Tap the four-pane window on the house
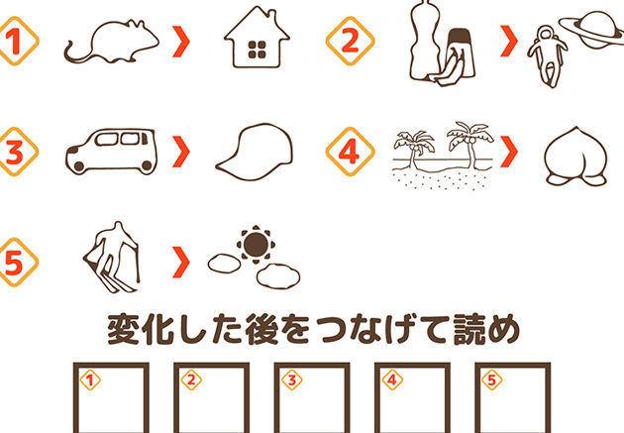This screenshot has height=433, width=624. click(258, 50)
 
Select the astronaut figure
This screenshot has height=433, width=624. click(547, 55)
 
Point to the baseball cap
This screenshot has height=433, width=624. click(255, 152)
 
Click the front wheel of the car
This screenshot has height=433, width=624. click(79, 166)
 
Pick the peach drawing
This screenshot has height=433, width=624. click(575, 157)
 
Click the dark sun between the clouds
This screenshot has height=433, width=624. click(256, 245)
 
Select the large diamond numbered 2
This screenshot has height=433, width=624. click(351, 41)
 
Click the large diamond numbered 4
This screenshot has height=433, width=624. click(351, 152)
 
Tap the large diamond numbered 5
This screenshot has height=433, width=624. click(15, 263)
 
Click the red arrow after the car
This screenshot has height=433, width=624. click(181, 152)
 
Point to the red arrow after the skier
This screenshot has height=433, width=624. click(181, 262)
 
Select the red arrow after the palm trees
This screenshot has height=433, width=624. click(509, 152)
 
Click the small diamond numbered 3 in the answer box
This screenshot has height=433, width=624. click(292, 380)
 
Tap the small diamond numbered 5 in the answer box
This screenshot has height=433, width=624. click(492, 380)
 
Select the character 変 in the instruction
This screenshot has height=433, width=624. click(124, 330)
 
